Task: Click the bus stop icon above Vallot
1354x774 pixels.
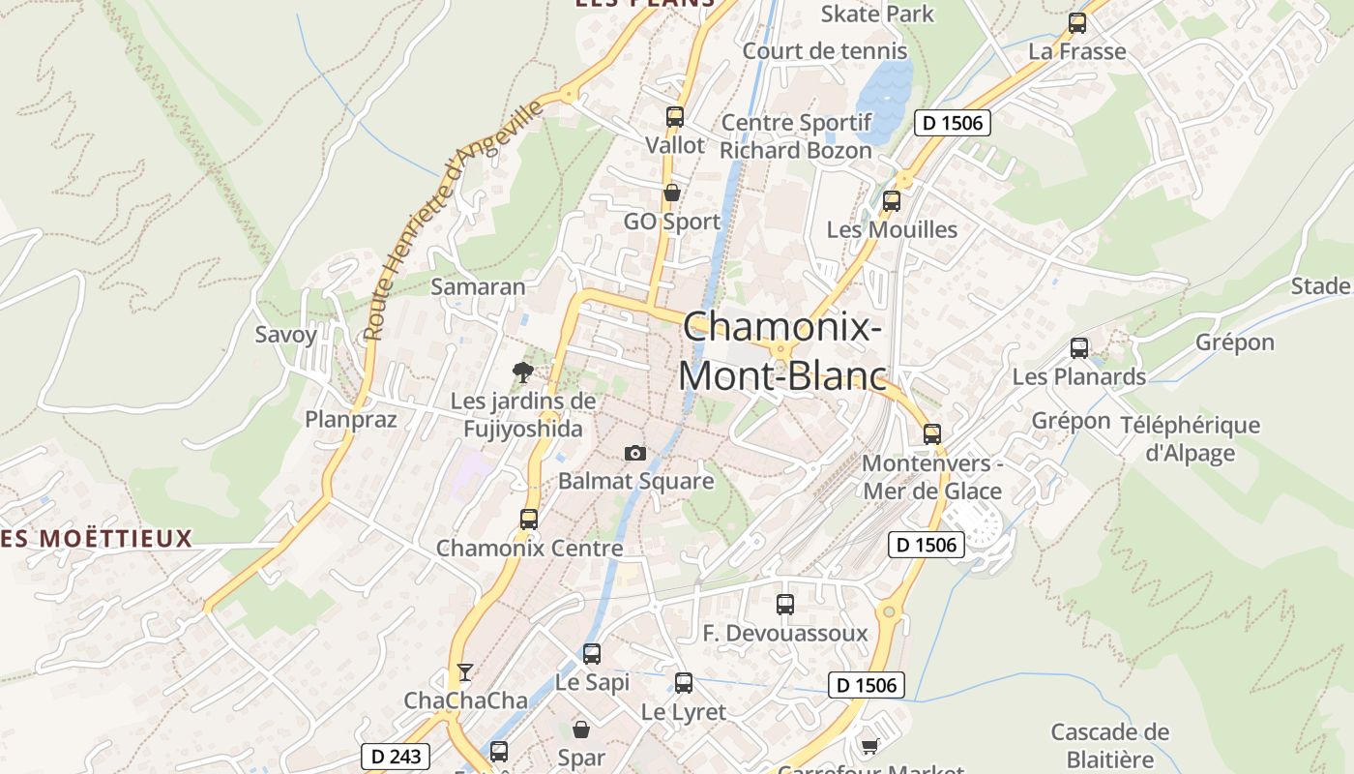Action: tap(674, 117)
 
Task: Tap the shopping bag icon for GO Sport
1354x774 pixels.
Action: tap(671, 193)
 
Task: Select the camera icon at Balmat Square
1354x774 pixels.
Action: tap(634, 453)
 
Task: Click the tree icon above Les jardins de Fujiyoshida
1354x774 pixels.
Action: tap(522, 372)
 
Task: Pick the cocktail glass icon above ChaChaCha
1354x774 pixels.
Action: tap(465, 671)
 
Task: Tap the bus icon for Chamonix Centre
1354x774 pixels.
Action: tap(528, 519)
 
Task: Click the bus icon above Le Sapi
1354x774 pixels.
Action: tap(592, 654)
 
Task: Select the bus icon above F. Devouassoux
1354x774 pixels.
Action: tap(785, 605)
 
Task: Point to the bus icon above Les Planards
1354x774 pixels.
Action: tap(1079, 348)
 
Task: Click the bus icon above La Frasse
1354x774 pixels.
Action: tap(1077, 23)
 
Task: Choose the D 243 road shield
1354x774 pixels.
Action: tap(396, 756)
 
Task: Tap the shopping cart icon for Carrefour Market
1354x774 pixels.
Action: tap(869, 745)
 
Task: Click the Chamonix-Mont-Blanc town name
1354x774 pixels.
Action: tap(782, 350)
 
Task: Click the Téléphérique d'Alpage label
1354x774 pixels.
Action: tap(1190, 438)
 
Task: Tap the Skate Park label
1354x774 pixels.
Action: tap(877, 14)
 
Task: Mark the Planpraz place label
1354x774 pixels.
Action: tap(351, 419)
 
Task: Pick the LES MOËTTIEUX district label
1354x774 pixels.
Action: tap(97, 538)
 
